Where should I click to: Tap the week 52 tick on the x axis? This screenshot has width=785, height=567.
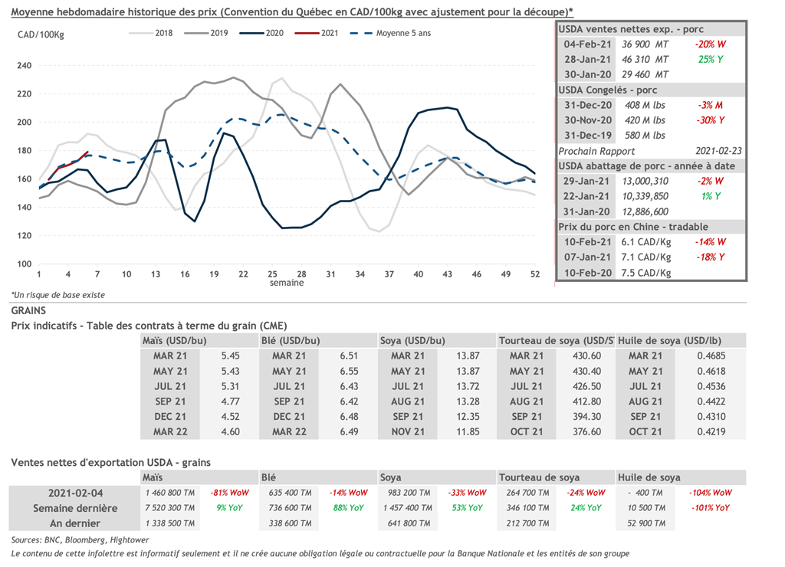pos(534,274)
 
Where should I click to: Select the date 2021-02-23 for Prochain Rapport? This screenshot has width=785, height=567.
pos(719,151)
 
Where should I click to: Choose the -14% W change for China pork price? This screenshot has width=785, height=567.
pos(711,242)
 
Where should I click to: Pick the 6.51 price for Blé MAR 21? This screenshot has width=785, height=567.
pos(349,356)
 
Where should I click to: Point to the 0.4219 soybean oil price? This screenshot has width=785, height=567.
pos(711,431)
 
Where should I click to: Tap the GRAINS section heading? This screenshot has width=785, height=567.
pos(29,311)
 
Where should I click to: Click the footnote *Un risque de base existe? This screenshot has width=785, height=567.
pos(57,295)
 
